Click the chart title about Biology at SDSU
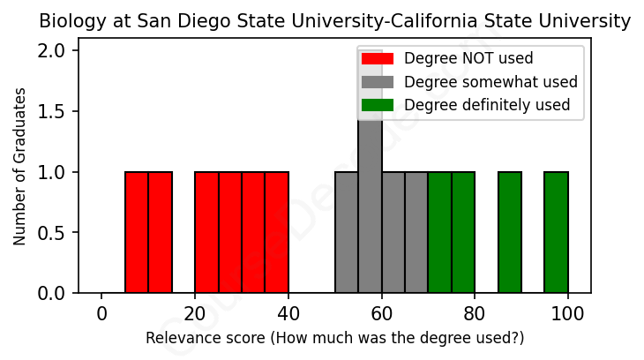click(334, 21)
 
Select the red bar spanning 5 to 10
click(137, 232)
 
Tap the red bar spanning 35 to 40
click(276, 232)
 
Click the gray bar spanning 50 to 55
click(347, 232)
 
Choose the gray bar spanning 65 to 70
click(416, 232)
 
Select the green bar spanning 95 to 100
click(556, 232)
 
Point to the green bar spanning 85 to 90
click(510, 232)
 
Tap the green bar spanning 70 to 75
click(439, 232)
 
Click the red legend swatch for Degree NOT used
click(378, 58)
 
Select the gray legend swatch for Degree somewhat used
click(378, 82)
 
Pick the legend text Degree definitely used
click(487, 106)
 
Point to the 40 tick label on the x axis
click(288, 313)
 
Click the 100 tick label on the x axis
click(568, 313)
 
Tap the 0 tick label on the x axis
click(101, 313)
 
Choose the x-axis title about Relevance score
click(334, 338)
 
